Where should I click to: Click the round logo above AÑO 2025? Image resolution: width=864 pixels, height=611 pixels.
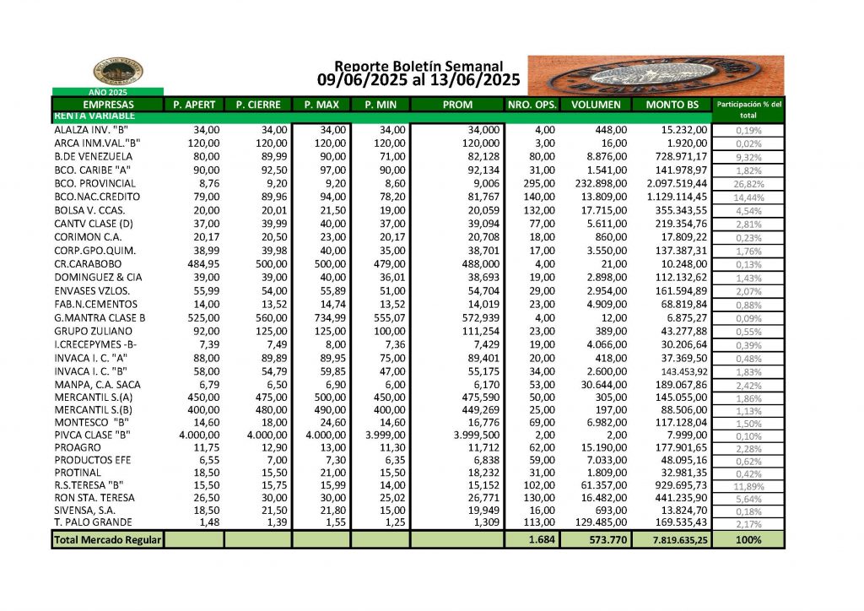(x=118, y=72)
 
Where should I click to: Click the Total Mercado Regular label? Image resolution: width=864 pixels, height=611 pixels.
(x=107, y=539)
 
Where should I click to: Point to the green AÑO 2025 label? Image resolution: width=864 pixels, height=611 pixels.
(x=108, y=91)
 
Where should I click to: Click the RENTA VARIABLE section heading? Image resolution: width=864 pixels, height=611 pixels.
(x=90, y=116)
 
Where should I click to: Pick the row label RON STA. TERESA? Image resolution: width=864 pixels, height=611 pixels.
(x=94, y=498)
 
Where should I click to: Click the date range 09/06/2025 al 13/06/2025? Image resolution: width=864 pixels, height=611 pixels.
(x=418, y=80)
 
